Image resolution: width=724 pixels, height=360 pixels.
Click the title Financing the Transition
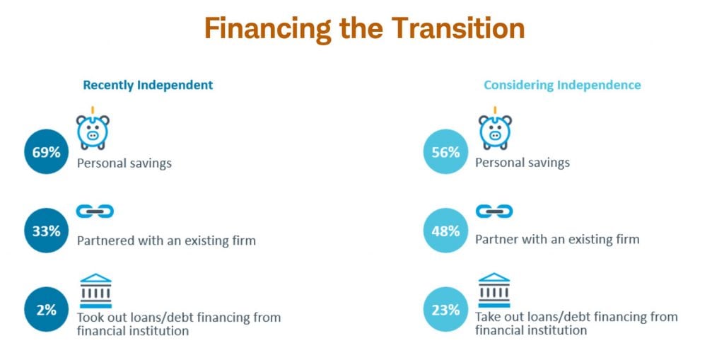[x=364, y=29]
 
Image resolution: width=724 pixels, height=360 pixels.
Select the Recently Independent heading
[x=148, y=85]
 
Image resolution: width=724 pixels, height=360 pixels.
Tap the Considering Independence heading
[x=562, y=85]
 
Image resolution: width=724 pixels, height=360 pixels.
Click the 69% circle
[x=45, y=152]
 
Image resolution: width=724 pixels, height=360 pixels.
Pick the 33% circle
[x=45, y=231]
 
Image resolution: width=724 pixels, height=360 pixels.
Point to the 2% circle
[x=45, y=310]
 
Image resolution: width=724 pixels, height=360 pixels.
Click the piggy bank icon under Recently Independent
[x=93, y=129]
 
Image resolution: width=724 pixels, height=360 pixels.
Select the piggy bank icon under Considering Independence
[x=495, y=129]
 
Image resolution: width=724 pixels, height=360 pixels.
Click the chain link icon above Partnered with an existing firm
[x=95, y=211]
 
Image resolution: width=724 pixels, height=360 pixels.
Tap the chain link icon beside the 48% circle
[x=494, y=211]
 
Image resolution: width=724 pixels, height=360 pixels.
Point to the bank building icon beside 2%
[x=95, y=291]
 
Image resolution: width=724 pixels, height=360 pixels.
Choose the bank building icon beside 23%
[x=494, y=291]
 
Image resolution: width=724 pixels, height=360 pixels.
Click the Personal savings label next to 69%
[x=124, y=163]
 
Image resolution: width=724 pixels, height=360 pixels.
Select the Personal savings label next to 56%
[x=522, y=163]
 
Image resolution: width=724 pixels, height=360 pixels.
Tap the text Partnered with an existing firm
[x=166, y=240]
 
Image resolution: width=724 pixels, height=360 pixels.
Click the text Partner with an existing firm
[x=557, y=239]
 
